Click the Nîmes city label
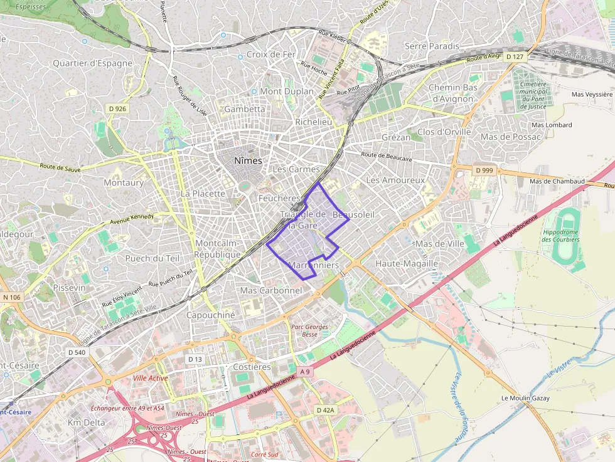coord(247,160)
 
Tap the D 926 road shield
coord(117,108)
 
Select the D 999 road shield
coord(484,170)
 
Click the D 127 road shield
coord(513,57)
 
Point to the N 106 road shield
coord(11,297)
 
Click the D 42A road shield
coord(326,409)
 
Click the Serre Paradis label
coord(432,46)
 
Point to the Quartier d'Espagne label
coord(92,63)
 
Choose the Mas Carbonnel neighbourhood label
coord(271,290)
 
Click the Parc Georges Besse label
coord(309,330)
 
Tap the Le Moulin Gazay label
coord(525,398)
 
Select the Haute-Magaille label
coord(406,263)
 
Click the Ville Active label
coord(151,378)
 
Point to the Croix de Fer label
coord(270,55)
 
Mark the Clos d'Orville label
coord(444,132)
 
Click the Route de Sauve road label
coord(61,167)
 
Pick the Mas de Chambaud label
coord(557,181)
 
